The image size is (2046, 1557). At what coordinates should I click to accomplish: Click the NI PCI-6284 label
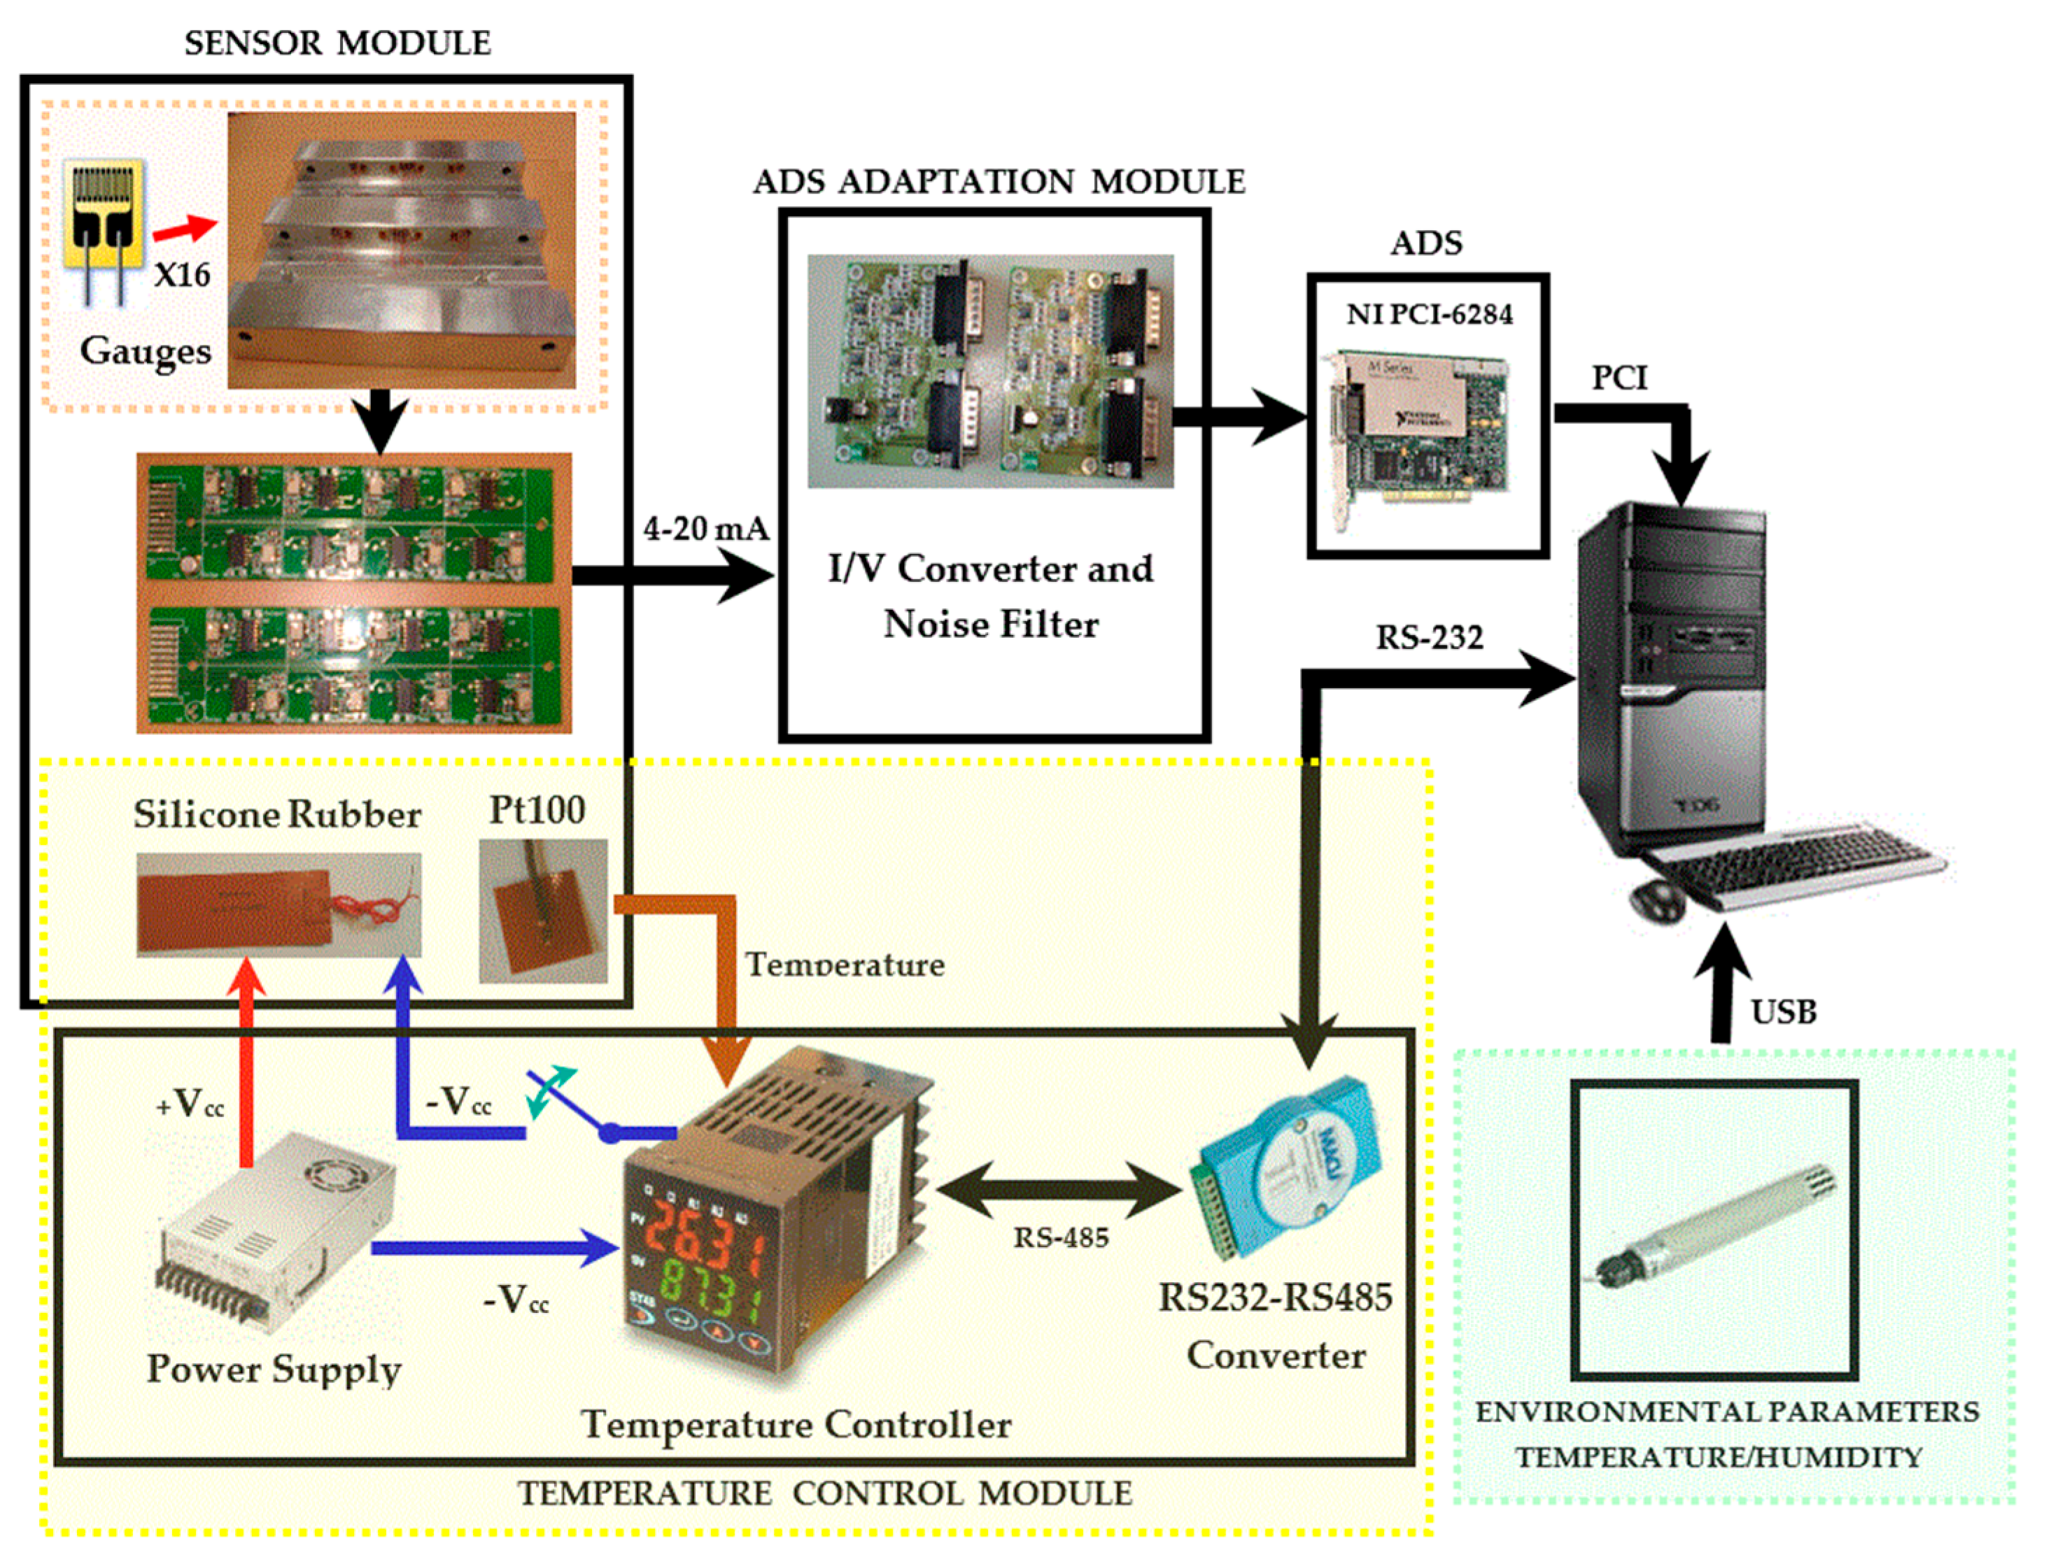(1429, 314)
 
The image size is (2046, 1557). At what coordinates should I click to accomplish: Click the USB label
(1783, 1011)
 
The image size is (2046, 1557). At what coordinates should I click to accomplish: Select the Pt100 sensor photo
(543, 910)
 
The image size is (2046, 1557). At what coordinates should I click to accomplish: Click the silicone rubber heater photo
(278, 904)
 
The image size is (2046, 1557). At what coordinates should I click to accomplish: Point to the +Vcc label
(190, 1103)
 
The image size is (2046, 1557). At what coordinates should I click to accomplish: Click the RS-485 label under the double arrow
(1061, 1237)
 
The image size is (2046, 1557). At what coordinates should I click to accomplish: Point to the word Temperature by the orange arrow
(845, 964)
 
